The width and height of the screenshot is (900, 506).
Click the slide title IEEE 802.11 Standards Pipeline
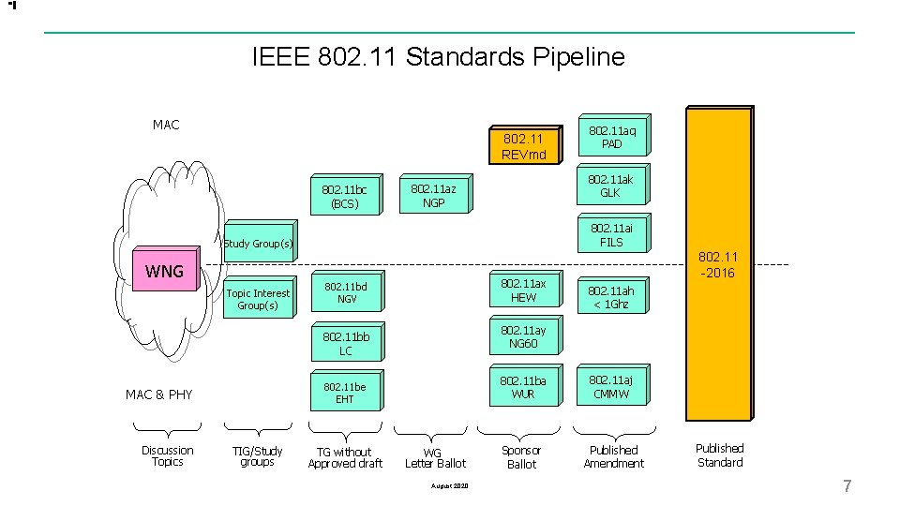[x=438, y=57]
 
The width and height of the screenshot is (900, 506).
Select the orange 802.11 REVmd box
[x=523, y=145]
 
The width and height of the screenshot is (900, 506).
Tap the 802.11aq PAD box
[x=610, y=138]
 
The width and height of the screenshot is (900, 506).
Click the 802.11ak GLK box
[x=610, y=186]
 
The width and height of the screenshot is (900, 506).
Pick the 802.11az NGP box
[x=432, y=196]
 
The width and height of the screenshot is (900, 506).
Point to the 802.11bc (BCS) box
[x=344, y=197]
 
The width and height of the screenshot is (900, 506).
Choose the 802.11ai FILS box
[x=610, y=235]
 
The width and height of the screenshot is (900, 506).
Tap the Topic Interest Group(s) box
[x=257, y=299]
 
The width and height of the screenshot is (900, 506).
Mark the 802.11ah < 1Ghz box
[x=610, y=297]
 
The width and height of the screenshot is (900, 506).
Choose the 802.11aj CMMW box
[x=610, y=387]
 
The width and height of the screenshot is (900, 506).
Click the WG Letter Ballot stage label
[x=434, y=458]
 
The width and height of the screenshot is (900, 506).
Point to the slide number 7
[x=847, y=485]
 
